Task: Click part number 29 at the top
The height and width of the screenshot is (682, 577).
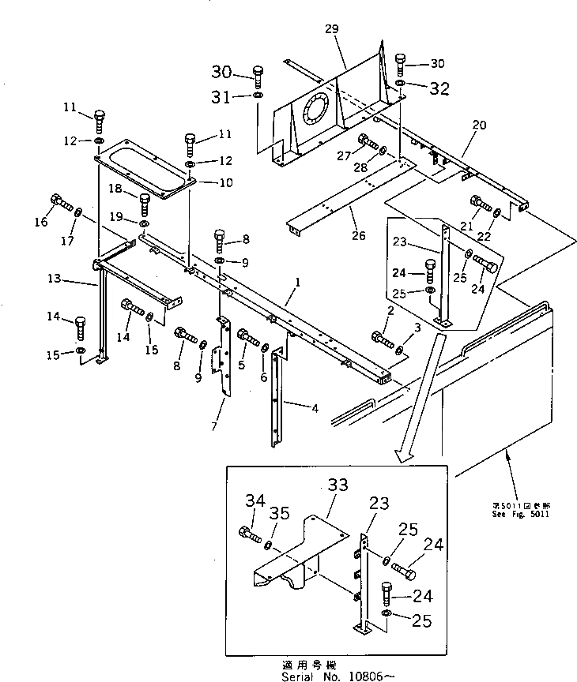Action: [330, 28]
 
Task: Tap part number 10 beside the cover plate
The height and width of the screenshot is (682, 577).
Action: [203, 182]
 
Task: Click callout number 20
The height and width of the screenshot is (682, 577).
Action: [479, 126]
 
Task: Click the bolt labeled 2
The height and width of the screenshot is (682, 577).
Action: [382, 341]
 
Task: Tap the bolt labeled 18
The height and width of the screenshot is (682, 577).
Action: [145, 204]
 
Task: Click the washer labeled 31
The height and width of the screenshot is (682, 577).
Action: [258, 96]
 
